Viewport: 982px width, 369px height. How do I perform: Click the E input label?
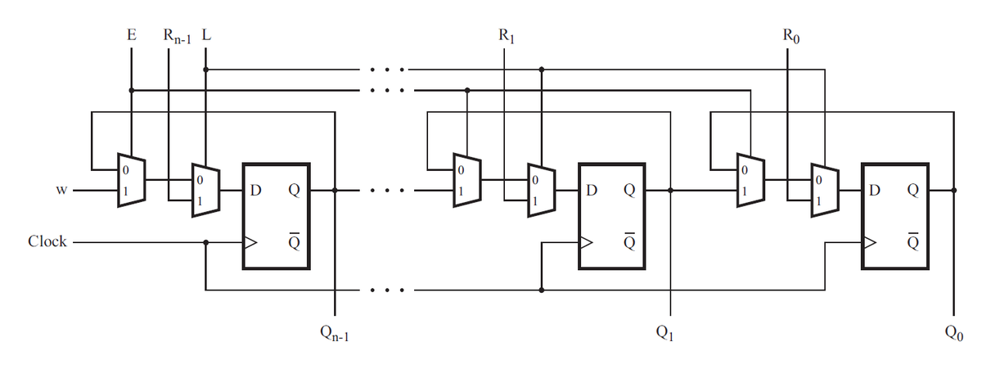coord(132,34)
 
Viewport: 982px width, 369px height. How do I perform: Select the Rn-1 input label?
coord(177,36)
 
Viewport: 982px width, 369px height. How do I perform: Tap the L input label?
coord(206,34)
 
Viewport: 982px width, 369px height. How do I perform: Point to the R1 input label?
coord(507,36)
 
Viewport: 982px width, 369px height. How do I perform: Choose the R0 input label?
coord(791,36)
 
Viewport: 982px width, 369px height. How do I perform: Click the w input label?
coord(61,190)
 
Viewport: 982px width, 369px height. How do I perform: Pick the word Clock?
coord(47,241)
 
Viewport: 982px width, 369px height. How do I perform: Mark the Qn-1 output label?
coord(335,334)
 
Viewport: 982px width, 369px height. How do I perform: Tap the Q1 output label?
coord(664,333)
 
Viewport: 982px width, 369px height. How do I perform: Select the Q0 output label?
coord(954,333)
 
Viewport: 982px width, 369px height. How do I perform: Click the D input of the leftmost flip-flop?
coord(255,190)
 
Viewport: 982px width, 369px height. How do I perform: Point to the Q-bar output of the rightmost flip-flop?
coord(912,241)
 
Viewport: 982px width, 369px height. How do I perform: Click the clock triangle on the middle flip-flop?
coord(586,242)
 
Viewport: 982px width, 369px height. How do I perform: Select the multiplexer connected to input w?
coord(132,180)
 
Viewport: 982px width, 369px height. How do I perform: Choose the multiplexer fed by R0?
coord(825,190)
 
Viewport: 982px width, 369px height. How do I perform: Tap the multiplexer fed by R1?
coord(542,190)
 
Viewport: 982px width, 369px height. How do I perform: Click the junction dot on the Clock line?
coord(206,242)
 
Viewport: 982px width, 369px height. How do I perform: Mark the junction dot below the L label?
coord(206,70)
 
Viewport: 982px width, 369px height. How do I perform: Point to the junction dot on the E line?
coord(131,90)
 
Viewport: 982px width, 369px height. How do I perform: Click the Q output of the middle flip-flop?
coord(629,190)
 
